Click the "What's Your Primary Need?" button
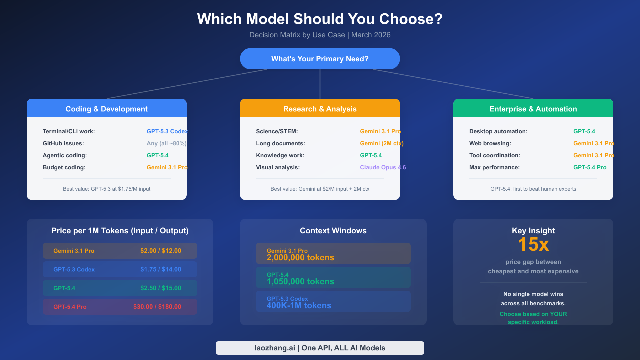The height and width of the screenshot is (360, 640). (x=320, y=59)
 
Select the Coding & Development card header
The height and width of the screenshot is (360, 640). (x=107, y=109)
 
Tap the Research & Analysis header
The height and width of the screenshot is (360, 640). (x=320, y=109)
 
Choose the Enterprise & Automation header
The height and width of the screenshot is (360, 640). (x=533, y=109)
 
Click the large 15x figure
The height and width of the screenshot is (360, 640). (x=533, y=244)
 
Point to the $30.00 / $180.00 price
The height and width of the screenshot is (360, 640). (x=157, y=307)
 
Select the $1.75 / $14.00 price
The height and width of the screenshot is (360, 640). (x=161, y=269)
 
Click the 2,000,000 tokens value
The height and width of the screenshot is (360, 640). (x=300, y=258)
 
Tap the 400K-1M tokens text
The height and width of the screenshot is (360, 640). (x=299, y=306)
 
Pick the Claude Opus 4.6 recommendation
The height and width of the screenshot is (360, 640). (x=383, y=167)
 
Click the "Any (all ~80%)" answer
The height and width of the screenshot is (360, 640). (x=166, y=143)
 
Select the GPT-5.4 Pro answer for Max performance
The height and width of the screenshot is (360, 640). (x=590, y=167)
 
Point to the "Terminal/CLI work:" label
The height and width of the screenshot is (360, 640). (x=69, y=131)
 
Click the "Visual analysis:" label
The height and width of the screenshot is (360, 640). (x=278, y=167)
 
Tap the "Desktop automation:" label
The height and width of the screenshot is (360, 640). (x=498, y=131)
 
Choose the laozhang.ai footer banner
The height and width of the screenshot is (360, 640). (x=320, y=348)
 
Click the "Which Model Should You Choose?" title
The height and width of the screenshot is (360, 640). (x=320, y=19)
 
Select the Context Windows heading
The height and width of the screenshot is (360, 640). (x=333, y=231)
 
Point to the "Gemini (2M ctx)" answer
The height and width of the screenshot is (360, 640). (x=382, y=143)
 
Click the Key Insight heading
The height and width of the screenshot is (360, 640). (x=533, y=231)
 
